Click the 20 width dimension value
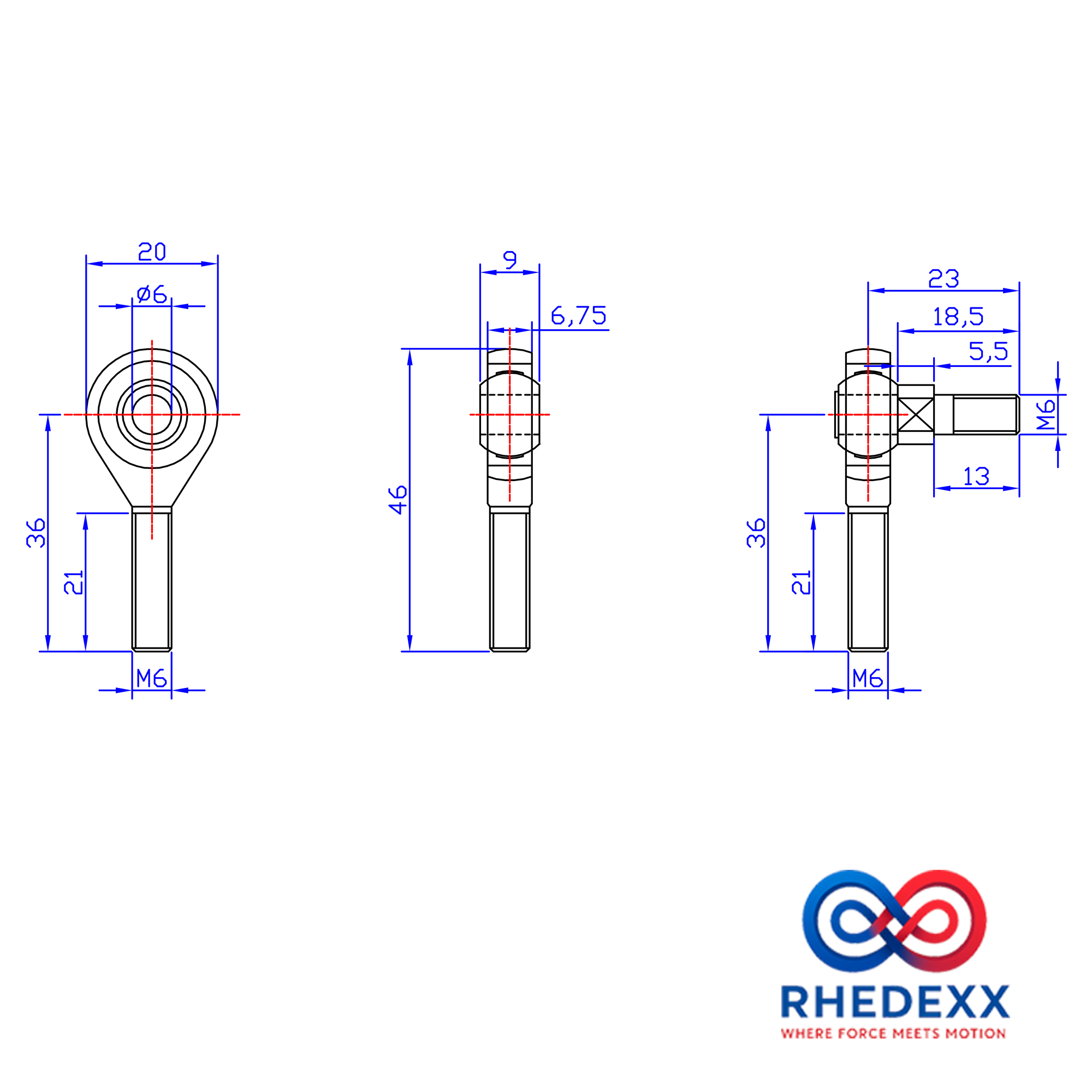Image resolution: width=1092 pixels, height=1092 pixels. [x=152, y=251]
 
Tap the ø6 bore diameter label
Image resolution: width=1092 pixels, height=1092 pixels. [x=152, y=294]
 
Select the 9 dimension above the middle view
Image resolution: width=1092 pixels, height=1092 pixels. [x=510, y=260]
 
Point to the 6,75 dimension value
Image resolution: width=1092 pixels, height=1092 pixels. [x=579, y=316]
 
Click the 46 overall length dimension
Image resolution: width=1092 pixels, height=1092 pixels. [x=399, y=500]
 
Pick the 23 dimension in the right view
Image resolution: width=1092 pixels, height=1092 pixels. [x=944, y=278]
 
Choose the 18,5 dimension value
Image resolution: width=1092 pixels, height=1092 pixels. [x=958, y=317]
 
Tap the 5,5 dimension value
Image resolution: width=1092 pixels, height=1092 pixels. [x=989, y=352]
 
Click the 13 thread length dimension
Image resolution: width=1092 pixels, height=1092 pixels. [x=976, y=477]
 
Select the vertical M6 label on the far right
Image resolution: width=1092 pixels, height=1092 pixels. [x=1046, y=415]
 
